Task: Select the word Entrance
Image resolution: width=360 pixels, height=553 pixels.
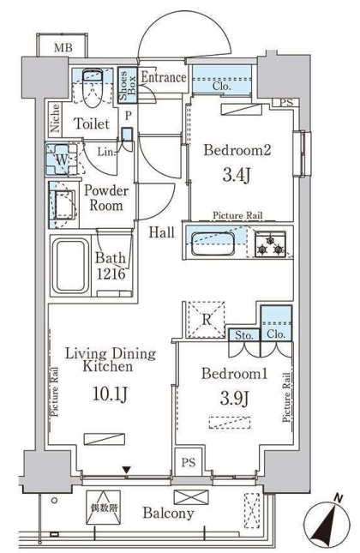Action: coord(163,78)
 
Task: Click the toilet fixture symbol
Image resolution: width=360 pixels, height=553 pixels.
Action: coord(93,85)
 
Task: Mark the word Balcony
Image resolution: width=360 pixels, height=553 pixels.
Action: coord(168,514)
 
